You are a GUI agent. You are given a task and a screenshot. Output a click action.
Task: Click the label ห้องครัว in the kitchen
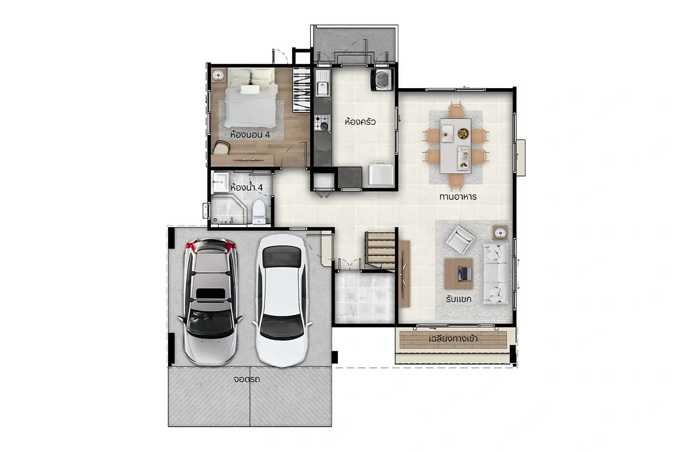[x=360, y=122]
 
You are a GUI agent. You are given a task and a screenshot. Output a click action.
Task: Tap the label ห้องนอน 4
[x=250, y=134]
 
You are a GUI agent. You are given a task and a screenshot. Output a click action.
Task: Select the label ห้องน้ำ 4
[x=247, y=188]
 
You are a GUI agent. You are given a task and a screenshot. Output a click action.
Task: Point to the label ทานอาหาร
[x=458, y=197]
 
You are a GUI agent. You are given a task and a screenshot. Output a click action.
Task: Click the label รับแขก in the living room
[x=459, y=299]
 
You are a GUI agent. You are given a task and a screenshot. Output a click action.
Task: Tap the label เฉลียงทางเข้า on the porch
[x=453, y=338]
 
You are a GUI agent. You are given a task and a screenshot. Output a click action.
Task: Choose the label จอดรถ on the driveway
[x=247, y=379]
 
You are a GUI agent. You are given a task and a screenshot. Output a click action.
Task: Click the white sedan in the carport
[x=282, y=301]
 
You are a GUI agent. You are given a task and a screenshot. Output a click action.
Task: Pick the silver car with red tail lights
[x=210, y=302]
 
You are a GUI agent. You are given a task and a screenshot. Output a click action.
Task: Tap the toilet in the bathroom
[x=259, y=212]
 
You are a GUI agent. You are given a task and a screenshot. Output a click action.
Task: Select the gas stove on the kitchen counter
[x=322, y=123]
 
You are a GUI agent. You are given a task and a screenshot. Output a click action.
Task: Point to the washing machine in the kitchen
[x=383, y=80]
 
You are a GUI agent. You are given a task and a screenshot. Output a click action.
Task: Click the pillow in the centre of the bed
[x=250, y=89]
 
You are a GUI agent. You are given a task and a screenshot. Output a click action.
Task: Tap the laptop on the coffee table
[x=465, y=273]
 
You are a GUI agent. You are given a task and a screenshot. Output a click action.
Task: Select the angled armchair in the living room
[x=460, y=239]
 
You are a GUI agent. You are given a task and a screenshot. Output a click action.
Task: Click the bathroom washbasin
[x=220, y=182]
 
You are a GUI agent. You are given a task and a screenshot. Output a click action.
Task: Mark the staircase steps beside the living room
[x=380, y=251]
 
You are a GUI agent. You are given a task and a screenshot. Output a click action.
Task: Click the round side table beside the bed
[x=218, y=75]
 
